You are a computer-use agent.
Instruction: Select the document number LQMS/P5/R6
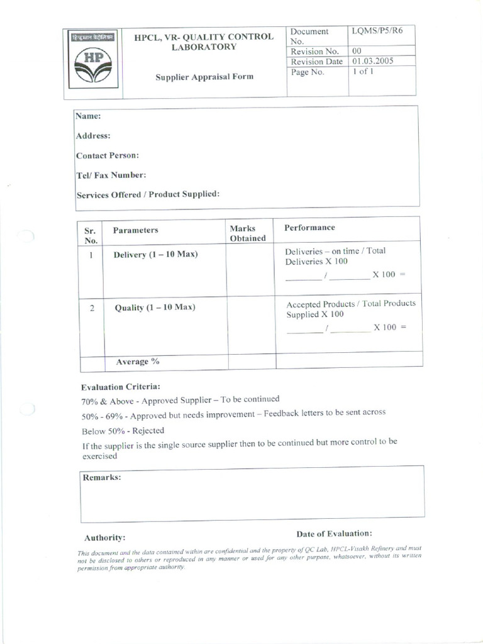click(x=377, y=31)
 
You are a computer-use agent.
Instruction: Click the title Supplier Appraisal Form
click(x=204, y=77)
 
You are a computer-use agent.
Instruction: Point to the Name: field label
click(x=88, y=116)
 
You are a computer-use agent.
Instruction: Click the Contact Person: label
click(x=108, y=155)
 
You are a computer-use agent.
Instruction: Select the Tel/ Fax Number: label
click(x=111, y=175)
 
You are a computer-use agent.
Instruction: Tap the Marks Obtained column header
click(x=247, y=233)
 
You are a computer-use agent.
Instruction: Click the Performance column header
click(x=309, y=228)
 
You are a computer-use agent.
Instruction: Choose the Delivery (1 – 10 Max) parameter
click(x=155, y=255)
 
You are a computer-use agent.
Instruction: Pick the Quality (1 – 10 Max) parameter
click(x=155, y=308)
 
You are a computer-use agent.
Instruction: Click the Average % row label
click(x=136, y=362)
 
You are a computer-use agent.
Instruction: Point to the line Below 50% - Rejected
click(x=123, y=431)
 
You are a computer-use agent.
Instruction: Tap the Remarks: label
click(x=102, y=477)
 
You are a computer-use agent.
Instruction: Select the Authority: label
click(x=104, y=538)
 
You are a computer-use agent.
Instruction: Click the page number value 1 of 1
click(x=364, y=72)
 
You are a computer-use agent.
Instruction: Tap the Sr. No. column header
click(x=91, y=235)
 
